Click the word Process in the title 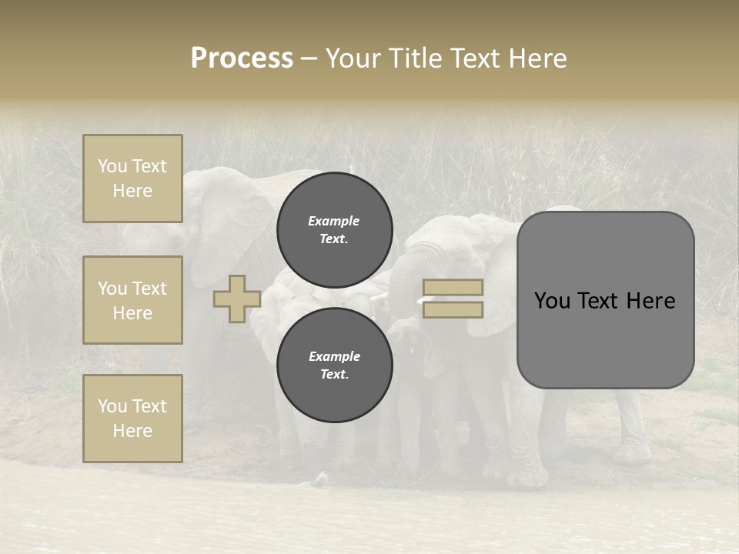242,58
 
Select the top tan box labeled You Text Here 132,179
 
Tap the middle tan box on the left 132,300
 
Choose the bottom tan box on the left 132,418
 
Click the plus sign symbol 236,299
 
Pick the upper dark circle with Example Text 334,229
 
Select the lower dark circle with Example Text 334,365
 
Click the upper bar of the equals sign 453,287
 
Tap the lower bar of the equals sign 453,309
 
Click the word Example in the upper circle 333,221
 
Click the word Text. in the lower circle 334,375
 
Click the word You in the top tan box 112,166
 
